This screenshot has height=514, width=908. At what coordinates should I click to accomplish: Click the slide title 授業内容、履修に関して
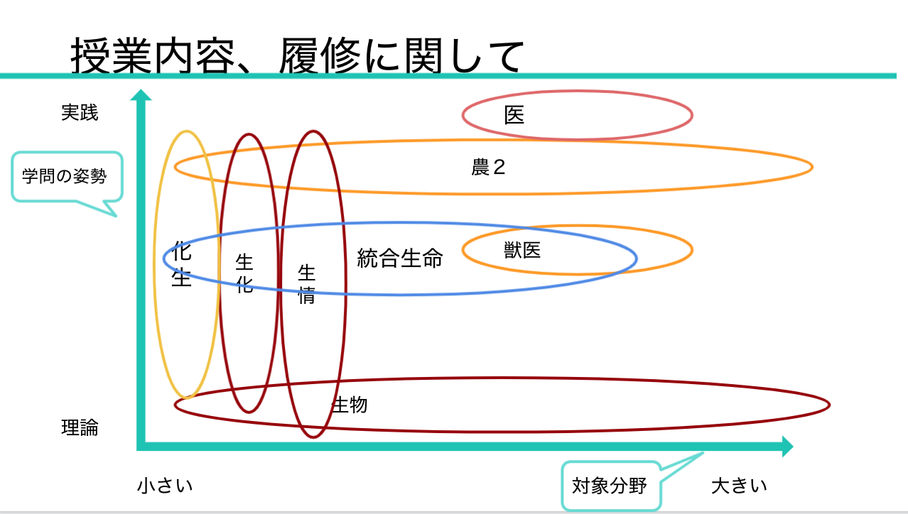[x=297, y=55]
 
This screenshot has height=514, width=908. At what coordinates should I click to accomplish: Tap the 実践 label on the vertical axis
[x=80, y=112]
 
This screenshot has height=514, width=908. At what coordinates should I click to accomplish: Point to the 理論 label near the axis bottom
[x=80, y=427]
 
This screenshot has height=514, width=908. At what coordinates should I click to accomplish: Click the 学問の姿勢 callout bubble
[x=67, y=177]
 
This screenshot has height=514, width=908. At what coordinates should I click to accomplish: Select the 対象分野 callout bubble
[x=611, y=486]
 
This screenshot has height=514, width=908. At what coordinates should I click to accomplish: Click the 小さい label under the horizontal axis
[x=165, y=486]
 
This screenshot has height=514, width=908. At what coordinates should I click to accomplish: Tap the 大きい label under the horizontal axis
[x=739, y=486]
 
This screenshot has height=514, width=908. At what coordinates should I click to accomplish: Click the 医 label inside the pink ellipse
[x=514, y=115]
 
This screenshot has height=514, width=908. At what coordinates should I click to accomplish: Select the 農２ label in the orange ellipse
[x=488, y=167]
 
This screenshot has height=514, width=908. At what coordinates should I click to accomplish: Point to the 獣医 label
[x=522, y=250]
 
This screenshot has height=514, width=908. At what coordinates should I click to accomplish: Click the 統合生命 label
[x=400, y=258]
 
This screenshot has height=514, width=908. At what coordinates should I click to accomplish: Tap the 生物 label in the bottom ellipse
[x=350, y=405]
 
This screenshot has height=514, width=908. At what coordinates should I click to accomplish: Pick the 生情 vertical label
[x=306, y=284]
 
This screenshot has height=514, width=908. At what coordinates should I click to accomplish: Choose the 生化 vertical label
[x=244, y=273]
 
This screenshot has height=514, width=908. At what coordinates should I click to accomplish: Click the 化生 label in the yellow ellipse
[x=181, y=263]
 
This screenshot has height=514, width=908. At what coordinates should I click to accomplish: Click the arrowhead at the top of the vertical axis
[x=141, y=95]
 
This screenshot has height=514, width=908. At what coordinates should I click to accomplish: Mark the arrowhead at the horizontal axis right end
[x=787, y=447]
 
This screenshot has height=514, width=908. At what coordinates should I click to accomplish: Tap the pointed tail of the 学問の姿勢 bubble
[x=116, y=216]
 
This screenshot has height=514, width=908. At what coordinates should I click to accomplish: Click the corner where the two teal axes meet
[x=141, y=447]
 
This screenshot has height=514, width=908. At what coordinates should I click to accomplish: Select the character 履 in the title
[x=298, y=55]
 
